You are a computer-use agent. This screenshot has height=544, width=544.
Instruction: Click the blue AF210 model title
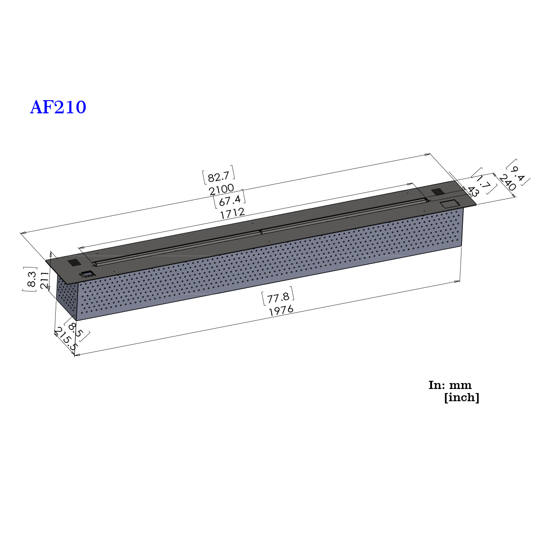click(x=58, y=107)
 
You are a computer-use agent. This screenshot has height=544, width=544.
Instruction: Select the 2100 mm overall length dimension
click(x=222, y=189)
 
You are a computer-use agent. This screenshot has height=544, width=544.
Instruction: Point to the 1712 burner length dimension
click(x=232, y=214)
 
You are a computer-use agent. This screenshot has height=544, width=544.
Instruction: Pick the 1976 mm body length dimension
click(x=281, y=311)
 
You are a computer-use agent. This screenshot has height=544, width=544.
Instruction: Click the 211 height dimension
click(x=45, y=280)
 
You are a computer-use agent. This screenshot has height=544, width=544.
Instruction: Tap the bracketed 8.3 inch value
click(x=30, y=279)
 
